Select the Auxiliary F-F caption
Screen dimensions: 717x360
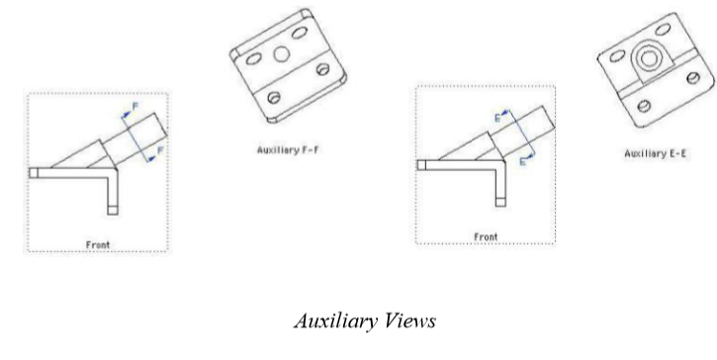tap(287, 150)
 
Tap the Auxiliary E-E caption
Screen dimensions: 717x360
tap(656, 153)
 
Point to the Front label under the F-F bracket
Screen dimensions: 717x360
tap(98, 245)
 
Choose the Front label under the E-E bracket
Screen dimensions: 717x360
tap(486, 237)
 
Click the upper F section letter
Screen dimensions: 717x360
tap(135, 107)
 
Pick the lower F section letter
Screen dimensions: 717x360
tap(160, 150)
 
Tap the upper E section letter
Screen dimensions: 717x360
tap(498, 119)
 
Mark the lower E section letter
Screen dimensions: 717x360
tap(523, 161)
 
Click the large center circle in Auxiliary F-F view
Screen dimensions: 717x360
tap(282, 54)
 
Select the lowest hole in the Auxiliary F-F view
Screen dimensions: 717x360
tap(274, 98)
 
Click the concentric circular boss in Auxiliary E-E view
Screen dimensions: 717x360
tap(648, 58)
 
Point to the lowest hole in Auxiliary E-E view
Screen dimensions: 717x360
tap(644, 106)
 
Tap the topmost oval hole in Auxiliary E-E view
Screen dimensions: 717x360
tap(663, 30)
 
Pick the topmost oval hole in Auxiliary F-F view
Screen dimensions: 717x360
tap(300, 33)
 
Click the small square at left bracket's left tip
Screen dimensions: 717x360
tap(34, 173)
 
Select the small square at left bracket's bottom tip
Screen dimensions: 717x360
tap(113, 210)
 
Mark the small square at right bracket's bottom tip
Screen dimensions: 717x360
tap(500, 202)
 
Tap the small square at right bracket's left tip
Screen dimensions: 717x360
tap(421, 165)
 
